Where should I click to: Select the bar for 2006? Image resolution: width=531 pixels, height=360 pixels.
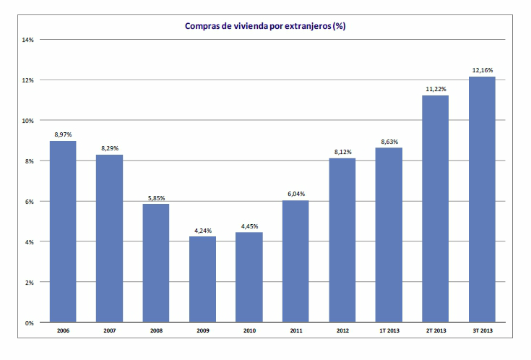(63, 231)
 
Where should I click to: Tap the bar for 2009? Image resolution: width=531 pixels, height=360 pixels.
(203, 279)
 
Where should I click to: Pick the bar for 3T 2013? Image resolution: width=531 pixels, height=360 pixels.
(483, 200)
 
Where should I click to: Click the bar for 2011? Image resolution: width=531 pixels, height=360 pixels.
(295, 261)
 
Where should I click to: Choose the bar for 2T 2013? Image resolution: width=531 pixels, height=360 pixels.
(436, 209)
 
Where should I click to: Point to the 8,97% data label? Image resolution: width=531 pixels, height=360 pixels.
(63, 134)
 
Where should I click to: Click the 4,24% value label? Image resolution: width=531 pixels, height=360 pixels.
(203, 231)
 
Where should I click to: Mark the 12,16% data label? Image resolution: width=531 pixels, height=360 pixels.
(483, 71)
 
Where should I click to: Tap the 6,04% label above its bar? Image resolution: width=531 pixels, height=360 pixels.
(295, 194)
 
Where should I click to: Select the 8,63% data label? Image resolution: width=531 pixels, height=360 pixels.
(389, 142)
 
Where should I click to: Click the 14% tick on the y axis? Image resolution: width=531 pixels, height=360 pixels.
(29, 40)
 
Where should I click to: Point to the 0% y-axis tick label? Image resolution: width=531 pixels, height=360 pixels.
(30, 322)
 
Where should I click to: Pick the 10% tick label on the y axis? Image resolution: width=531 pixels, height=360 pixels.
(29, 121)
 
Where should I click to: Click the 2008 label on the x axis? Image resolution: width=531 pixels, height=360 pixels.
(156, 331)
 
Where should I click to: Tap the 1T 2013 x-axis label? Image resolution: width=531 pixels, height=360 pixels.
(389, 331)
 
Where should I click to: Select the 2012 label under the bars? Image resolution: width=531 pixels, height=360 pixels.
(342, 331)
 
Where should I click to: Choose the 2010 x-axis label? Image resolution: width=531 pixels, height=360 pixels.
(249, 331)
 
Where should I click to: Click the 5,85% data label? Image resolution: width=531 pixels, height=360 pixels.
(156, 197)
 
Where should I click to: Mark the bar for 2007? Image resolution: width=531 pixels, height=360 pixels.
(109, 239)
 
